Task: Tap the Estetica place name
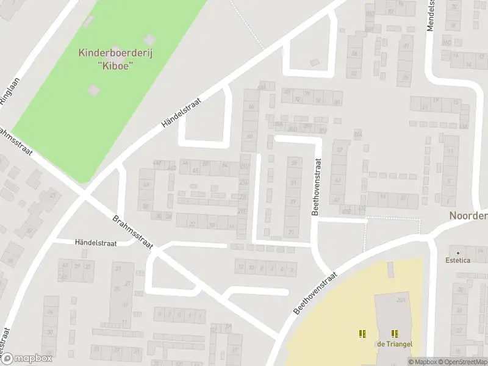pyautogui.click(x=458, y=260)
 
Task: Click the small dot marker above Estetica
pyautogui.click(x=457, y=252)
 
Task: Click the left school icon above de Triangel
pyautogui.click(x=363, y=334)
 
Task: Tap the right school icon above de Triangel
pyautogui.click(x=395, y=334)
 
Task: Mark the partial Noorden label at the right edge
pyautogui.click(x=468, y=216)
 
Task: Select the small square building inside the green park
pyautogui.click(x=93, y=90)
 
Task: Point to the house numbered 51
pyautogui.click(x=383, y=196)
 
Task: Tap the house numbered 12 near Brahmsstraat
pyautogui.click(x=242, y=267)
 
